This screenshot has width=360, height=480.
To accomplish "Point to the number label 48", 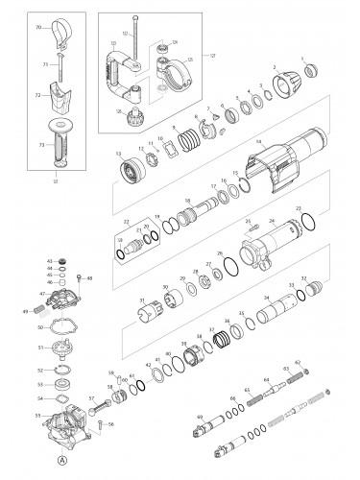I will click(89, 278).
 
